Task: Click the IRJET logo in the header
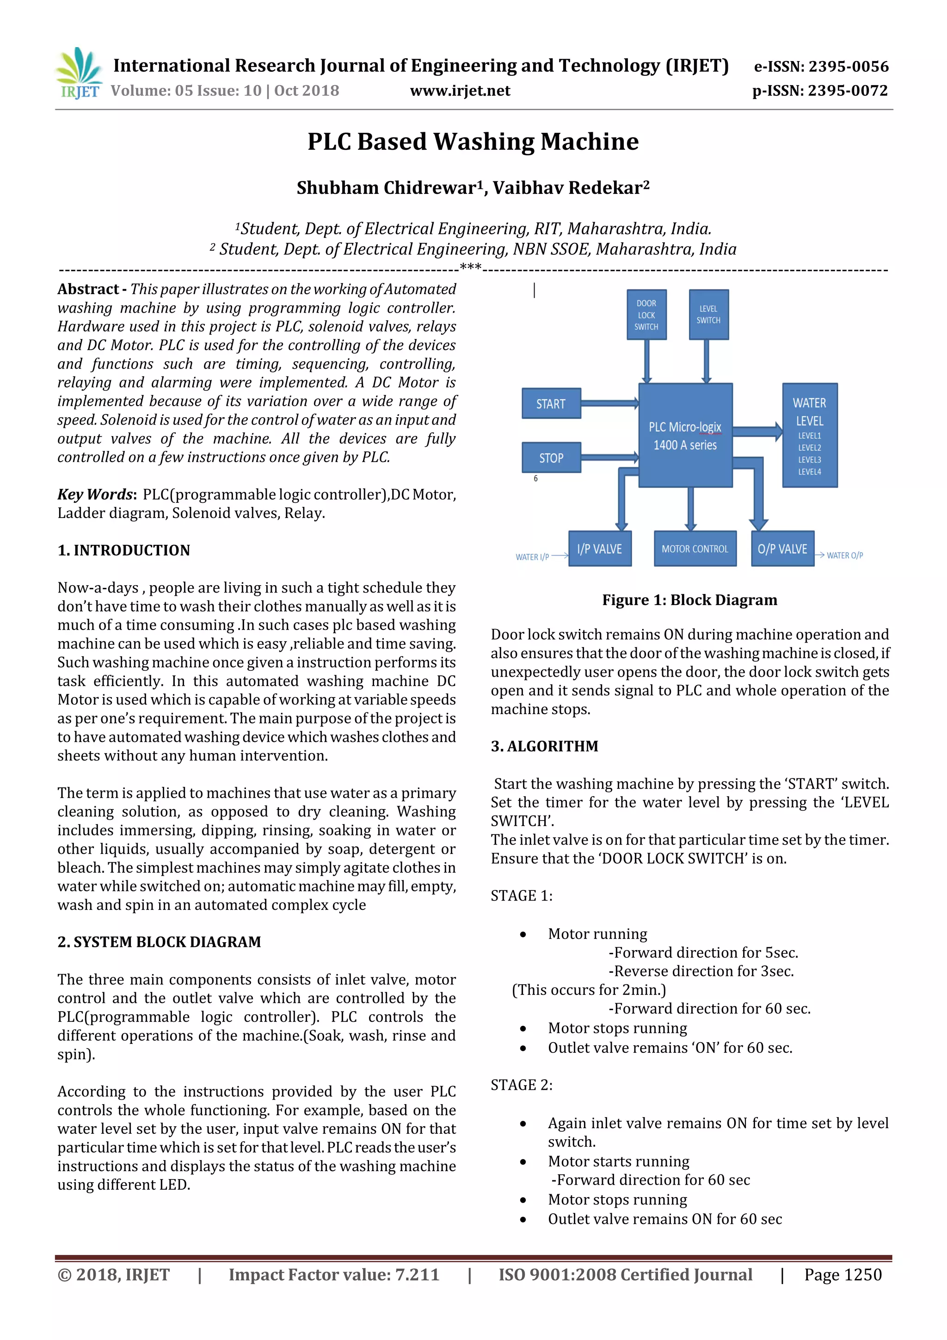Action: pyautogui.click(x=79, y=74)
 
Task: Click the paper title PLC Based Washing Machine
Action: pyautogui.click(x=473, y=142)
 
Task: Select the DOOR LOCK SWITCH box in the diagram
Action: pyautogui.click(x=646, y=315)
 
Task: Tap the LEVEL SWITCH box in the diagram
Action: pyautogui.click(x=708, y=315)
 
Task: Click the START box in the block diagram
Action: pyautogui.click(x=551, y=403)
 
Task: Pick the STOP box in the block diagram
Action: pyautogui.click(x=551, y=457)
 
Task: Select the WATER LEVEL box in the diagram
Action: pyautogui.click(x=809, y=435)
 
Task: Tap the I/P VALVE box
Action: pyautogui.click(x=599, y=549)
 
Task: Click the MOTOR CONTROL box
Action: pyautogui.click(x=695, y=549)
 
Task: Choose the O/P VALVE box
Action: pyautogui.click(x=782, y=549)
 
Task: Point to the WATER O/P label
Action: pyautogui.click(x=844, y=555)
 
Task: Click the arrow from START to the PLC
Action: pyautogui.click(x=610, y=403)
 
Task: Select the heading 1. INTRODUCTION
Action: pyautogui.click(x=124, y=550)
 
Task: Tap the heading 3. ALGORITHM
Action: pyautogui.click(x=544, y=747)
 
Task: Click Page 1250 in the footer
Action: pyautogui.click(x=842, y=1275)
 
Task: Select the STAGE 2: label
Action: pyautogui.click(x=521, y=1085)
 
